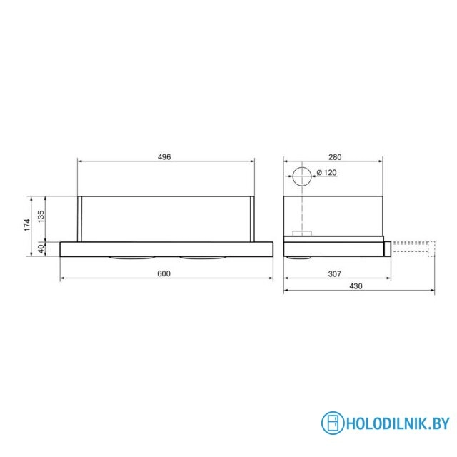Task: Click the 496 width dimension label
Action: coord(165,157)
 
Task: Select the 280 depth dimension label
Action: coord(336,157)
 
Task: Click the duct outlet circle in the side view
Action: coord(302,177)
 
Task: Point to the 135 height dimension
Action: coord(41,215)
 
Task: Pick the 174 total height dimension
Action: coord(26,224)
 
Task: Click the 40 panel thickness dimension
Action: coord(41,248)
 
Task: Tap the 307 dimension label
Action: coord(334,273)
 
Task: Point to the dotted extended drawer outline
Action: coord(413,248)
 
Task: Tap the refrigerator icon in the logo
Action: coord(332,422)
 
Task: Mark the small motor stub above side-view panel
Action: coord(302,233)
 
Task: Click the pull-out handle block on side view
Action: coord(386,248)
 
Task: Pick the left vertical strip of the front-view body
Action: coord(82,217)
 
